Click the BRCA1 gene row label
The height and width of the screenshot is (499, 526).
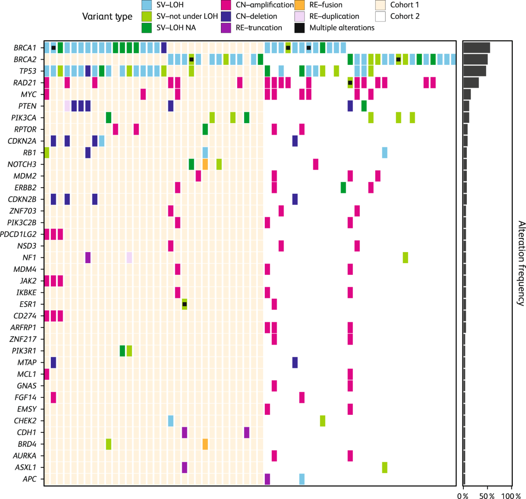(25, 48)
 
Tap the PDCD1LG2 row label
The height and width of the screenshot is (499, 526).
(18, 234)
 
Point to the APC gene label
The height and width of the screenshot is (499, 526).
(29, 479)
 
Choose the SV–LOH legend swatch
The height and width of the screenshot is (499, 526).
(147, 5)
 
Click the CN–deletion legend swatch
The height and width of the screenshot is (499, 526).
(226, 17)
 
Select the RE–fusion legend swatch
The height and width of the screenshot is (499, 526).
(300, 5)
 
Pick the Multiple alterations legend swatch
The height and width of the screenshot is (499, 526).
(300, 28)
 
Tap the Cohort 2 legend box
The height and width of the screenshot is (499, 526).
(380, 17)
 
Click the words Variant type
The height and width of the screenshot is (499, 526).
(107, 17)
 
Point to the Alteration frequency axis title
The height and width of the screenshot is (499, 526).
(521, 263)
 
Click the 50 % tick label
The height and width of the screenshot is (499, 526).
(487, 496)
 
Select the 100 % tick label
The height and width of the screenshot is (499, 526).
(511, 496)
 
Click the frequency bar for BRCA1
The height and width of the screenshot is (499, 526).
(476, 48)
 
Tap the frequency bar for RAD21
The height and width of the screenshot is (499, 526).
(471, 82)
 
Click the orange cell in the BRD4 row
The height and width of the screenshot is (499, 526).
(205, 444)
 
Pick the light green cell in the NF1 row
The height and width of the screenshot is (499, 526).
(405, 257)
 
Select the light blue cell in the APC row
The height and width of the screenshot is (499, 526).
(302, 479)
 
